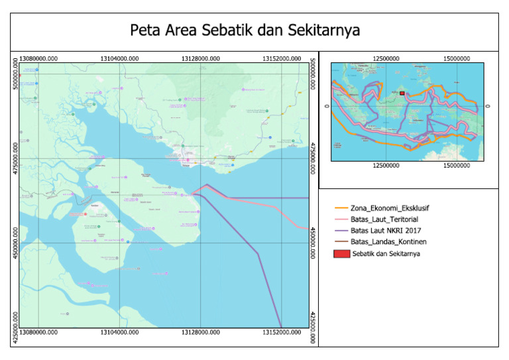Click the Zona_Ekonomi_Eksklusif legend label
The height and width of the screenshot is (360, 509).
tap(389, 208)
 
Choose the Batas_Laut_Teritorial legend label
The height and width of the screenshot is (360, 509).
tap(384, 219)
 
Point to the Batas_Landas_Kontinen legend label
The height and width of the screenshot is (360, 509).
tap(387, 242)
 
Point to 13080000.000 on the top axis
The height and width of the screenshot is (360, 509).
tap(38, 58)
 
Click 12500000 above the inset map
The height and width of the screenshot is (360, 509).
tap(386, 58)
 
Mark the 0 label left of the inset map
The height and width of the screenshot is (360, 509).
tap(325, 106)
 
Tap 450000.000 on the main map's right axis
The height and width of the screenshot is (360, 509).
tap(313, 242)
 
